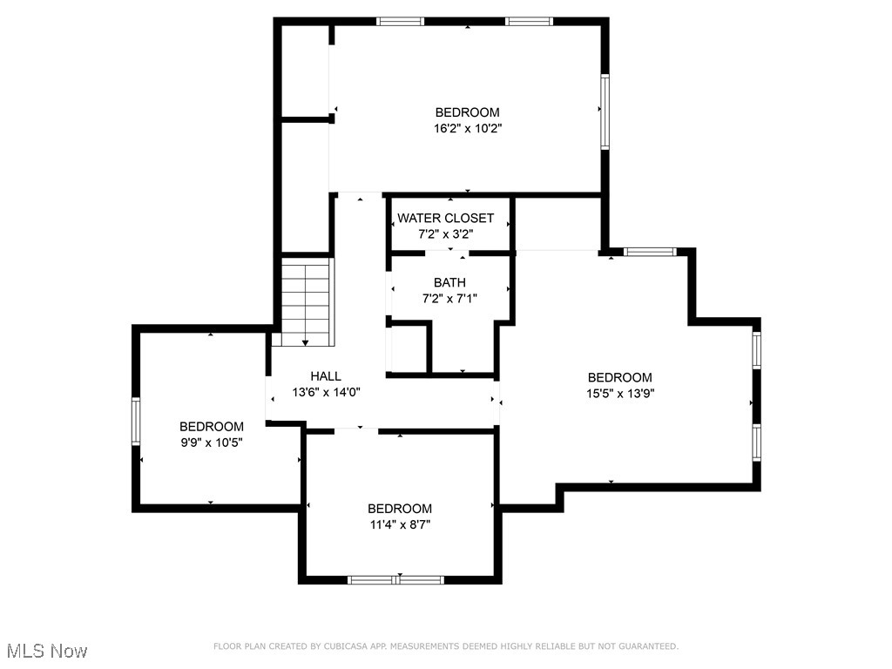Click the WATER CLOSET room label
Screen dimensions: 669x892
(x=445, y=218)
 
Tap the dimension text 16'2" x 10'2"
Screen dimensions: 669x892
(x=467, y=128)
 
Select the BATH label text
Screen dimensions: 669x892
(x=449, y=282)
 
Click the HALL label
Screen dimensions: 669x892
(x=326, y=376)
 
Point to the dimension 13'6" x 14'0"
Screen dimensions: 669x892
(x=326, y=392)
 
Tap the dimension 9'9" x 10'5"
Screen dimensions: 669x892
(x=211, y=442)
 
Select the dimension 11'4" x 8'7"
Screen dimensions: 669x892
(x=399, y=524)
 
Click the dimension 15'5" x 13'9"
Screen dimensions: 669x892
(x=619, y=393)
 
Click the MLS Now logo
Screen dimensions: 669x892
(x=45, y=651)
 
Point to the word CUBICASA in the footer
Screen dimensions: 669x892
(x=344, y=646)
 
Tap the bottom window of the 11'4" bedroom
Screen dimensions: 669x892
(x=395, y=579)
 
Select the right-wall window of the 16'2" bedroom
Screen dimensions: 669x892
(x=604, y=111)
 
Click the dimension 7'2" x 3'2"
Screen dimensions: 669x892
(x=445, y=233)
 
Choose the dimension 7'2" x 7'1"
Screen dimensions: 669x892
(x=449, y=298)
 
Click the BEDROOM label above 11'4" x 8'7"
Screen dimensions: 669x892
(x=399, y=509)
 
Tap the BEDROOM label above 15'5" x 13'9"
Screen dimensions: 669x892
(x=619, y=377)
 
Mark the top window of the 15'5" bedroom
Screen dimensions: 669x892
(x=650, y=253)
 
